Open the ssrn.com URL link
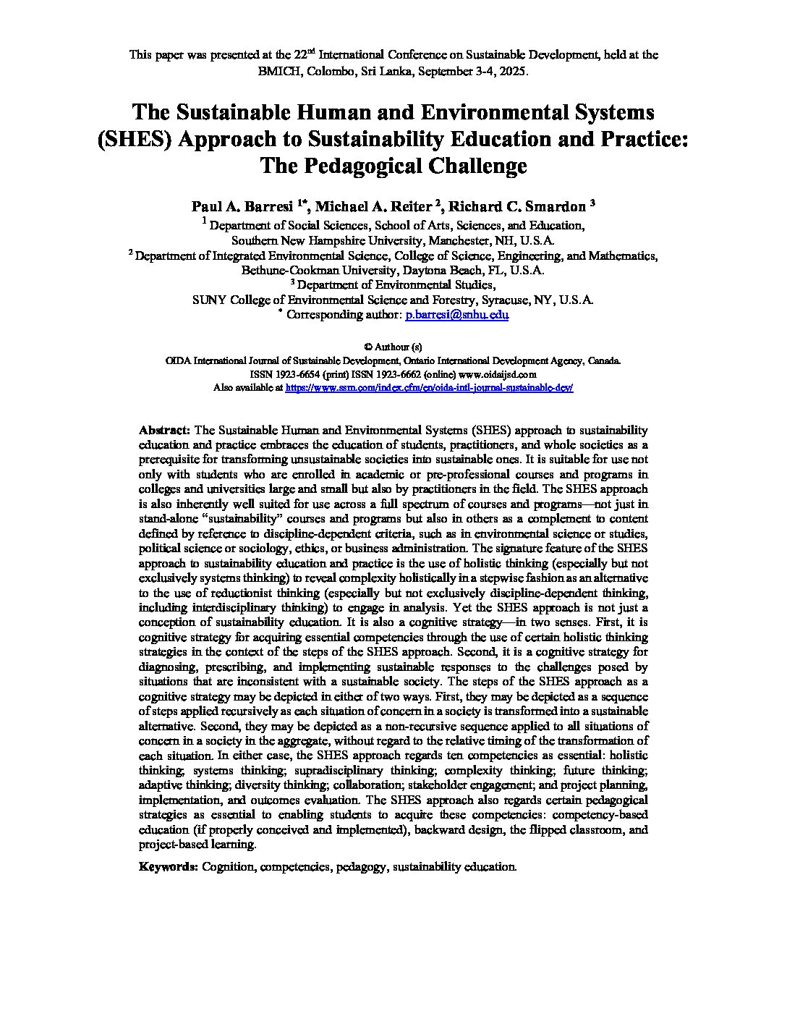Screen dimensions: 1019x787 pyautogui.click(x=430, y=388)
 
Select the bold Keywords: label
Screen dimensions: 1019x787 pyautogui.click(x=168, y=866)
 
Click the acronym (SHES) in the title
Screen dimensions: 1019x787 pyautogui.click(x=135, y=139)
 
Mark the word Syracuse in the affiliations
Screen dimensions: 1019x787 pyautogui.click(x=505, y=300)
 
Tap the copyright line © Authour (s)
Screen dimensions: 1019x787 pyautogui.click(x=393, y=347)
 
